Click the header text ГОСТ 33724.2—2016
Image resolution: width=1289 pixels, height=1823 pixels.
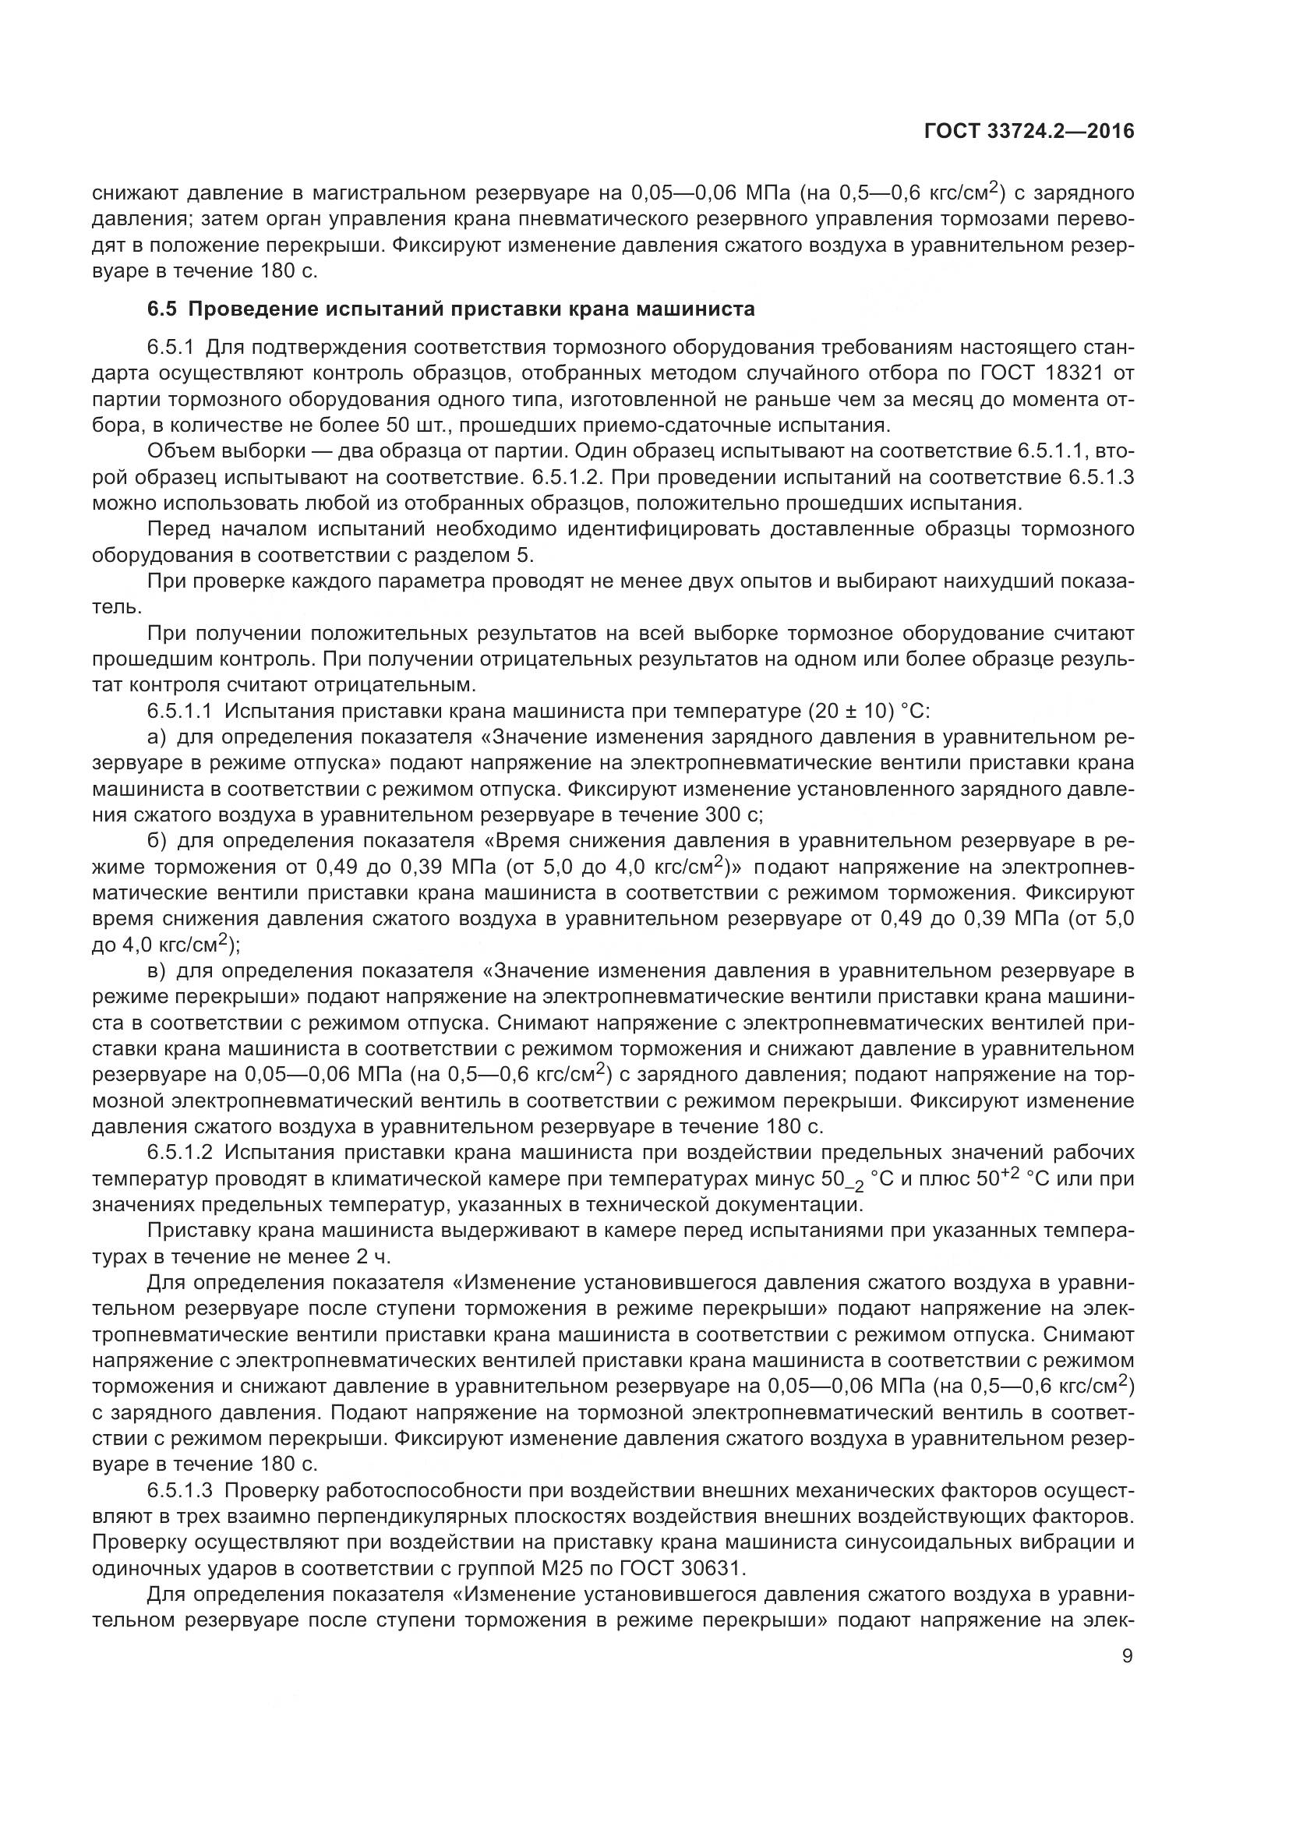coord(1029,132)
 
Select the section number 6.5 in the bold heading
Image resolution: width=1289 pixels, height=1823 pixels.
coord(163,309)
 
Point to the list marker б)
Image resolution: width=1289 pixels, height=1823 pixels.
coord(157,841)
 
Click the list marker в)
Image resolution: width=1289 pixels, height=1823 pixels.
coord(157,970)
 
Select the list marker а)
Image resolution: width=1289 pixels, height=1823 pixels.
coord(157,737)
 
